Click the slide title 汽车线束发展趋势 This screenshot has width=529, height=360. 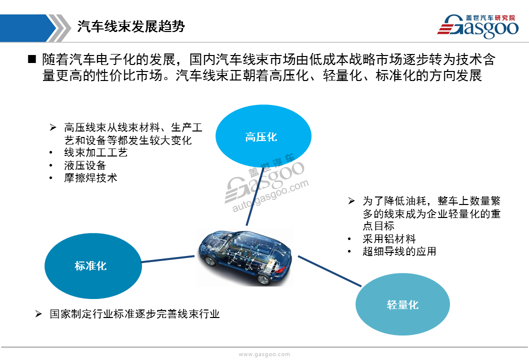131,26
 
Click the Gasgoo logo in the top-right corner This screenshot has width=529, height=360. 477,26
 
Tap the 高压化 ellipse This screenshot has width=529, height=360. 263,136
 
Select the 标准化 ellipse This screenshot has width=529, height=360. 93,266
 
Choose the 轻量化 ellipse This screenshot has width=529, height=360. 402,304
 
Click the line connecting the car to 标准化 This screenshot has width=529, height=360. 168,259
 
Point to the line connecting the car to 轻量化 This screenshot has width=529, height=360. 330,271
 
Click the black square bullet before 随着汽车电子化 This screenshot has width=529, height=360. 31,59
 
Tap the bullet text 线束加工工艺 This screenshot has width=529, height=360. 96,152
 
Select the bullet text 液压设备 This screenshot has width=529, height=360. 85,165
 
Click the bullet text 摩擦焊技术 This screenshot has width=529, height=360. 90,178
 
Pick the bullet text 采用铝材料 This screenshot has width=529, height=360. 389,239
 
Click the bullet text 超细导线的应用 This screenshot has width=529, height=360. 399,251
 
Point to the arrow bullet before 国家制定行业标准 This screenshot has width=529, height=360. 38,314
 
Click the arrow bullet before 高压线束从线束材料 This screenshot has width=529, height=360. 53,127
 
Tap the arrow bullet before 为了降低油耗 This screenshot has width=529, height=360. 351,201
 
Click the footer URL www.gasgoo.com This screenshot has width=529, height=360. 264,354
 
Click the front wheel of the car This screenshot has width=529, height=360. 210,260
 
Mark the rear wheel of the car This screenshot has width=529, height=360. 263,279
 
